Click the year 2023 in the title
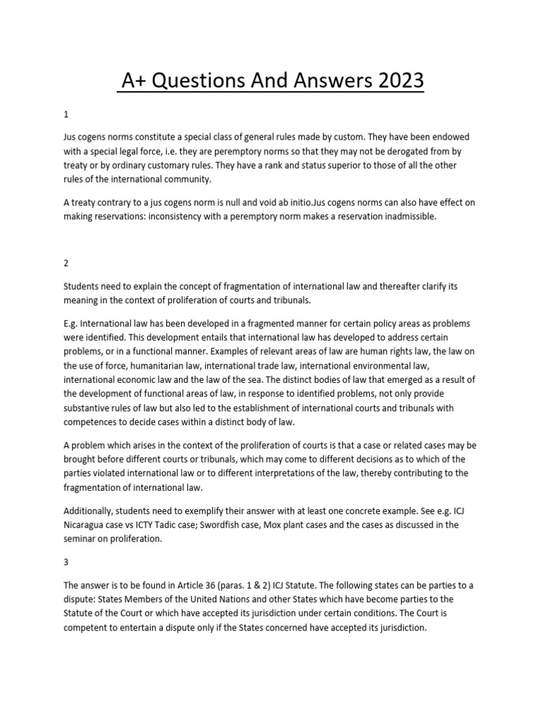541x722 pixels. pos(398,82)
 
